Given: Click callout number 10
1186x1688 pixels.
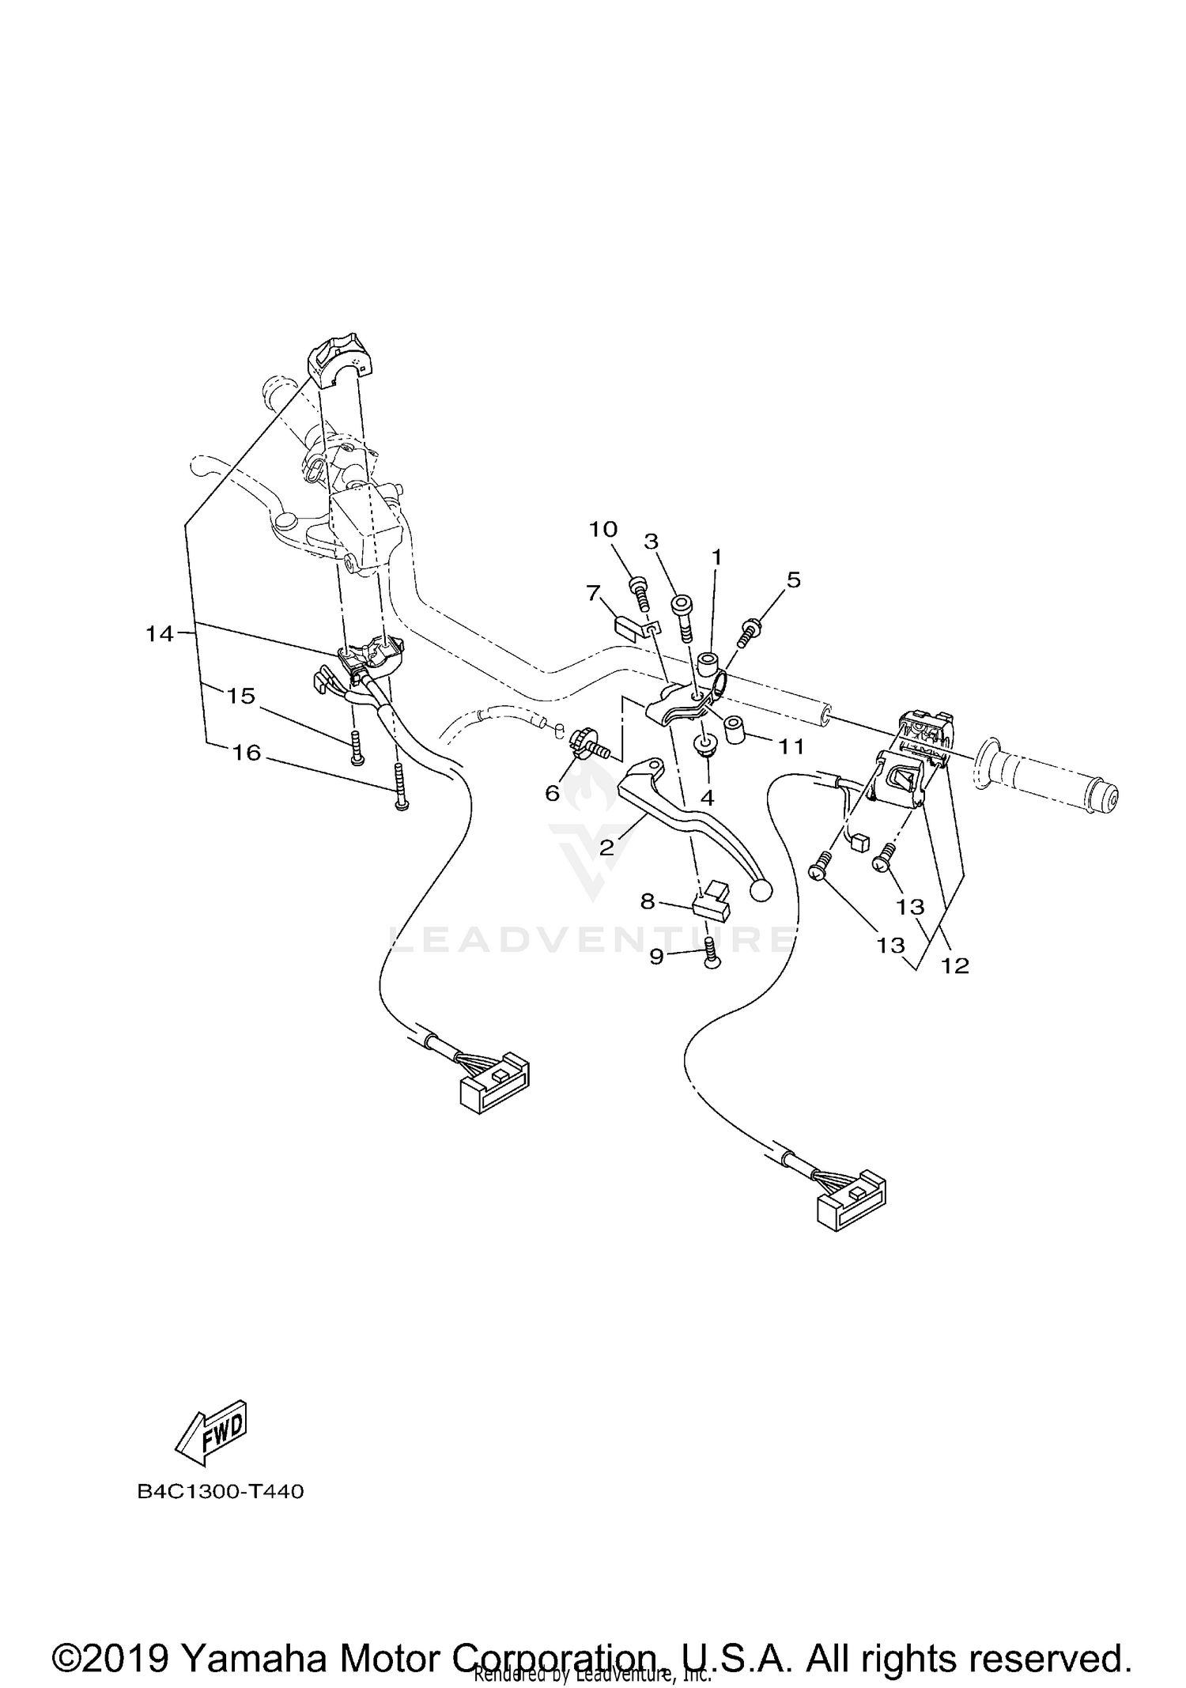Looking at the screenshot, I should [602, 529].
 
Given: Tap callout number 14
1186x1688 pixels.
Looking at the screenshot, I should [159, 633].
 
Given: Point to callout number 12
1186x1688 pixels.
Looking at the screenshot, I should [955, 965].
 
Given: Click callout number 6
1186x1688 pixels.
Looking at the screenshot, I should [553, 792].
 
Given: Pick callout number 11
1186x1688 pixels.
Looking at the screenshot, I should [791, 746].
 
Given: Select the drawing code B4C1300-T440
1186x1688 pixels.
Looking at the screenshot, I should [221, 1492].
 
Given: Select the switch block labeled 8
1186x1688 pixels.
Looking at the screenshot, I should [711, 901].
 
